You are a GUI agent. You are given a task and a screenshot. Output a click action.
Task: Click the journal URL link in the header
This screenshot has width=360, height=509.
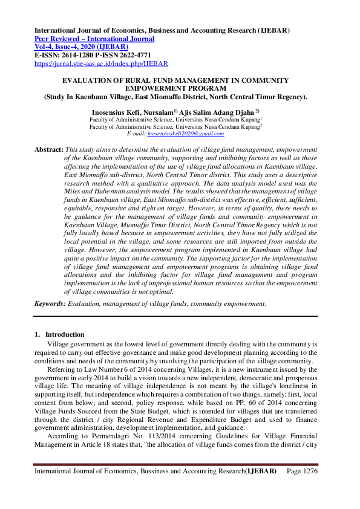(x=101, y=63)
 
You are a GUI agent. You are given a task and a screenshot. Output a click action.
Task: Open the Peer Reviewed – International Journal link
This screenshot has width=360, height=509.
(x=94, y=39)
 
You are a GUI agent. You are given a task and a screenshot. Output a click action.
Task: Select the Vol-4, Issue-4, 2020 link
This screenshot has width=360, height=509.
(x=80, y=47)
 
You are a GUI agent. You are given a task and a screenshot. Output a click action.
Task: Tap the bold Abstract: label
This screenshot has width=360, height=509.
(x=48, y=149)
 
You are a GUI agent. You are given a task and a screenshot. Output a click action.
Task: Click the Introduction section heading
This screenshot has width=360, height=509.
(x=65, y=334)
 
